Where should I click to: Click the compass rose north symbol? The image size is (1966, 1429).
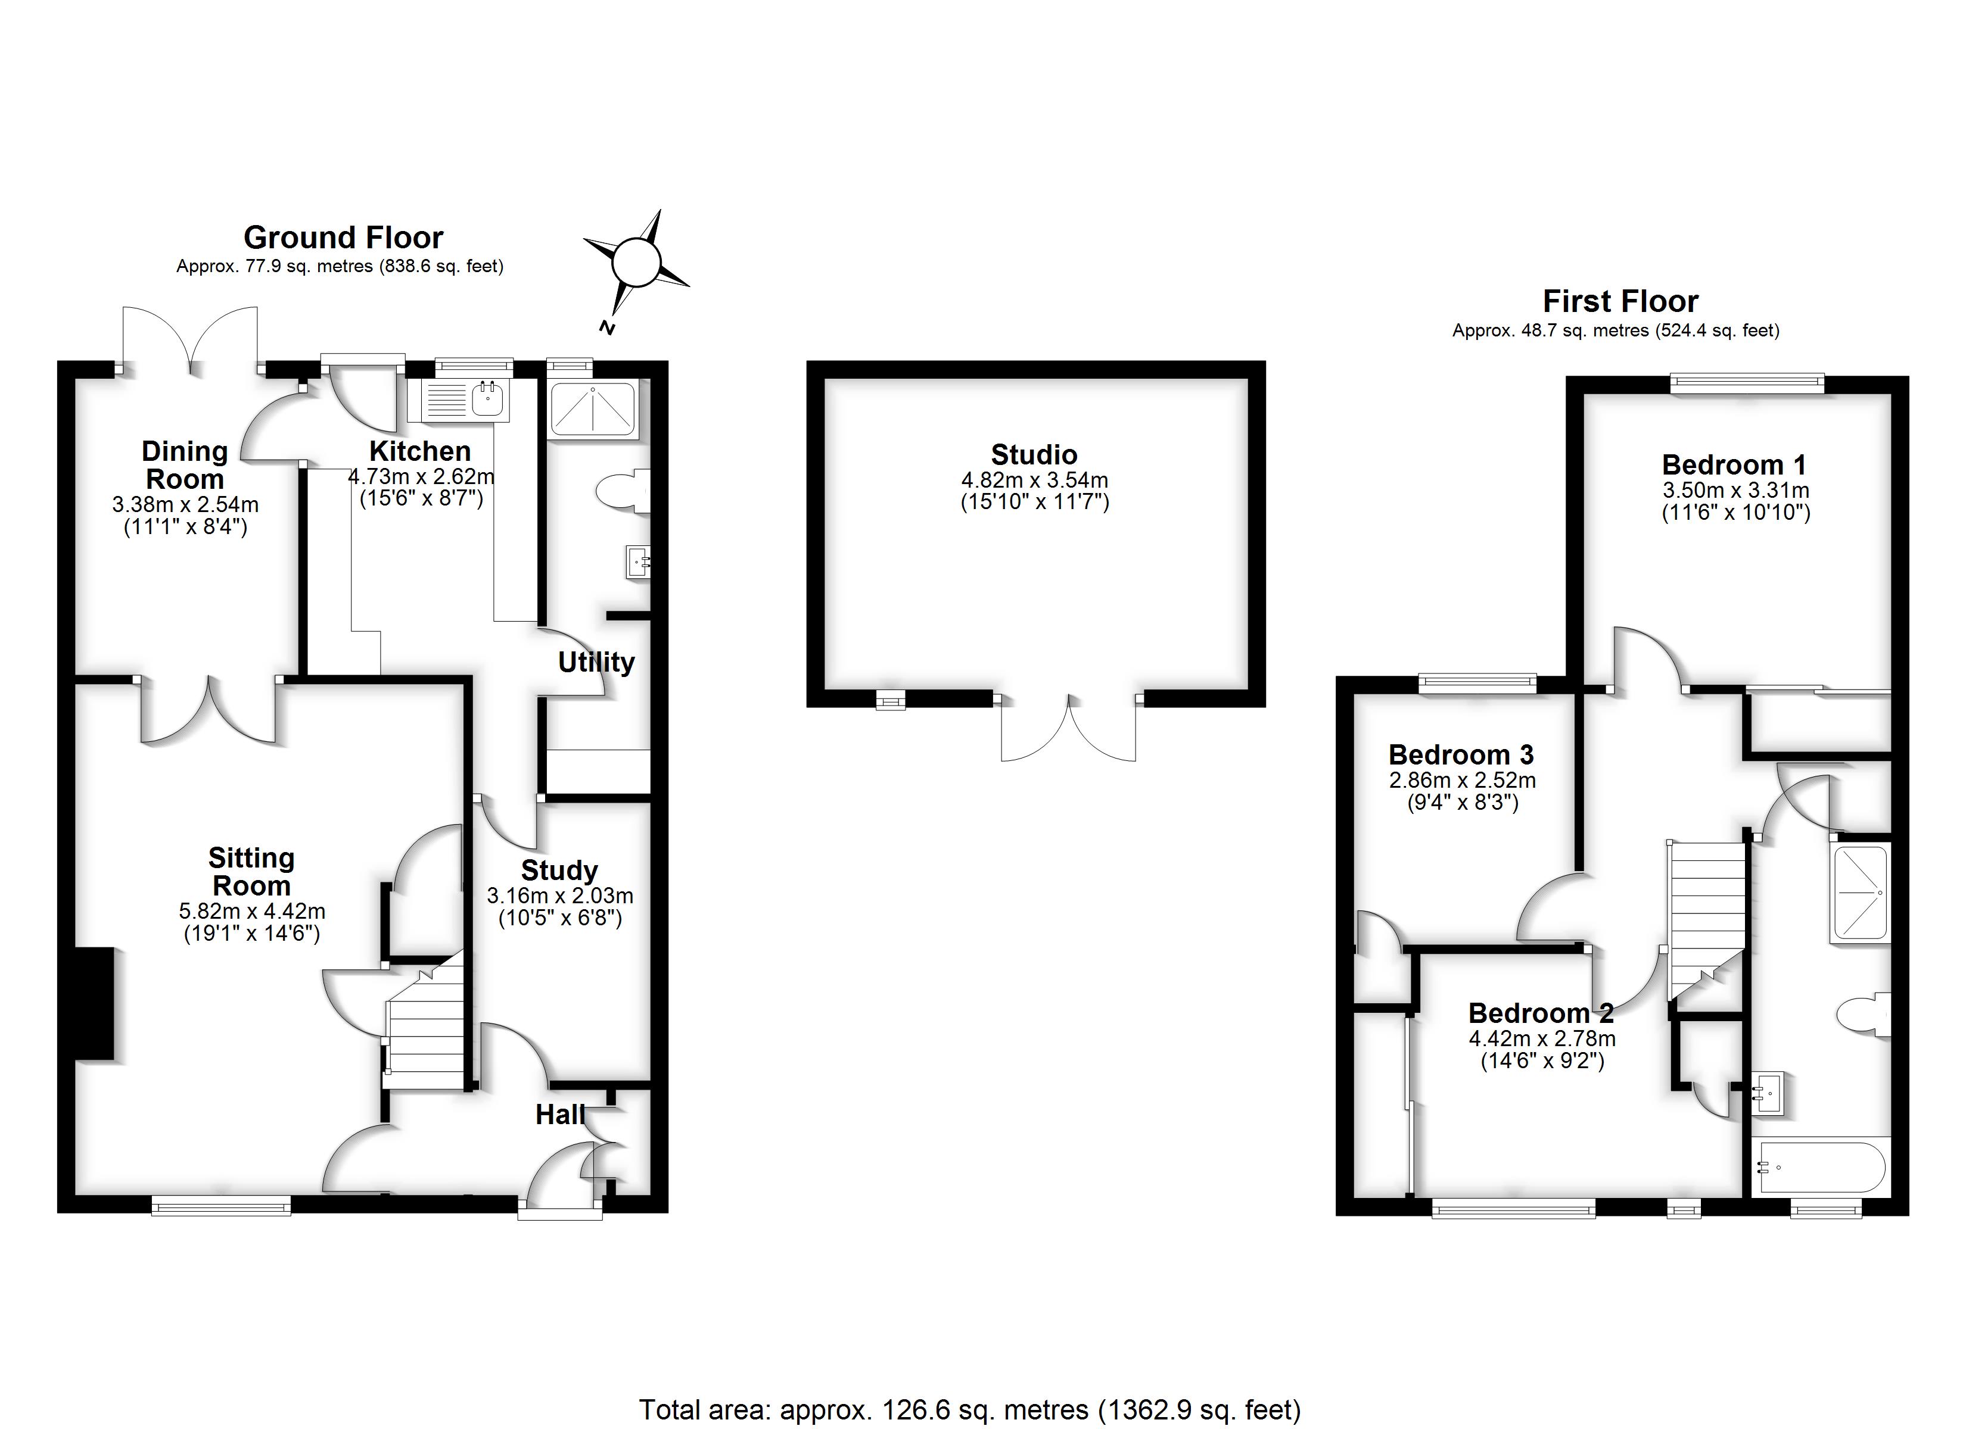coord(636,262)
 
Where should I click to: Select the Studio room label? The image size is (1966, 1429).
coord(1034,454)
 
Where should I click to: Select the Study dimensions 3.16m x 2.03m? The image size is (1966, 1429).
coord(560,895)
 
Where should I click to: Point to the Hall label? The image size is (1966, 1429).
coord(559,1115)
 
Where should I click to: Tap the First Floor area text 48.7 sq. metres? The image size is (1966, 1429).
coord(1615,330)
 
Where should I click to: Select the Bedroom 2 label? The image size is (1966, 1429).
coord(1541,1013)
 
